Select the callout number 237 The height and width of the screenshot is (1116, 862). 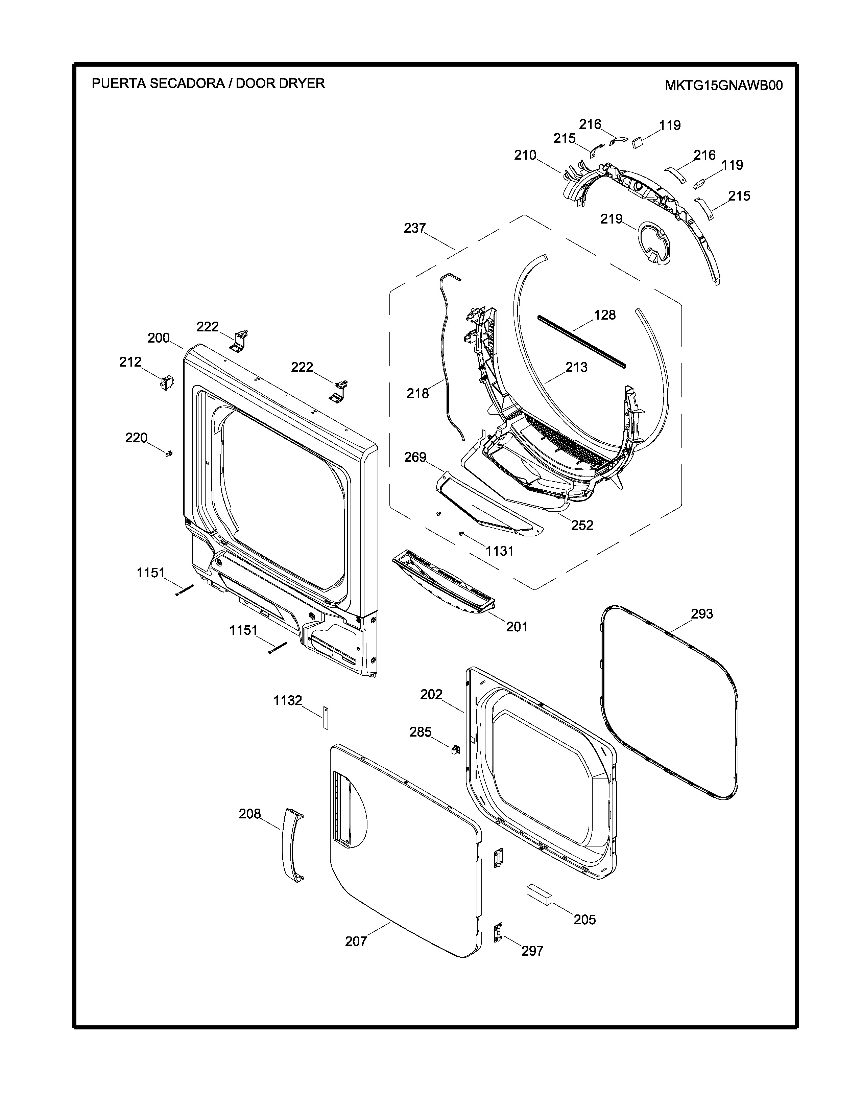[x=415, y=228]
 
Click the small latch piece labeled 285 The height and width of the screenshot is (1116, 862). [x=453, y=750]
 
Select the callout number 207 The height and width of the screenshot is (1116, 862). [x=356, y=941]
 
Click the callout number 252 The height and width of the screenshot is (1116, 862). [x=582, y=525]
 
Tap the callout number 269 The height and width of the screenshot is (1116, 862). [x=415, y=457]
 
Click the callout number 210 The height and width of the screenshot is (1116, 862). [x=525, y=155]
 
